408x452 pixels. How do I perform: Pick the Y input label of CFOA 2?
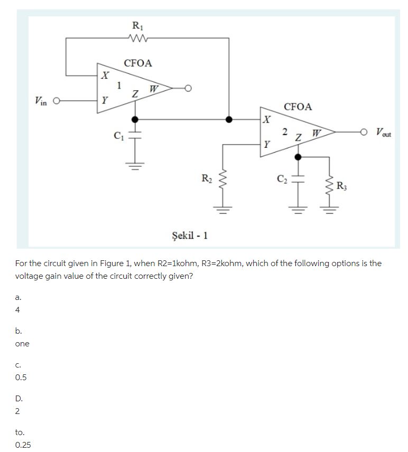point(268,143)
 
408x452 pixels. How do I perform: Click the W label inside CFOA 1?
point(153,88)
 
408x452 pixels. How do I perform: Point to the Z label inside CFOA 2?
point(299,138)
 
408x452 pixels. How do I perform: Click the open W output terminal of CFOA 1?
point(187,88)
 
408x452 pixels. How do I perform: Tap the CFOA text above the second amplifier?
point(298,107)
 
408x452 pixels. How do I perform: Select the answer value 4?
point(18,310)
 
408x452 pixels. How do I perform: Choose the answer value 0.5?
point(21,378)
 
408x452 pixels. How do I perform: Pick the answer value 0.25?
point(23,445)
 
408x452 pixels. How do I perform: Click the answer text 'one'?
point(22,344)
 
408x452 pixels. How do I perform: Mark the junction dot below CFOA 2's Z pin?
point(298,157)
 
